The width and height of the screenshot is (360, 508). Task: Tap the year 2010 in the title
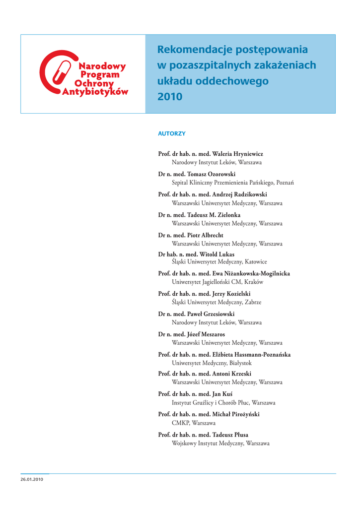(170, 97)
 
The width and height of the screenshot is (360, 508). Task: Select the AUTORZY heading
(171, 134)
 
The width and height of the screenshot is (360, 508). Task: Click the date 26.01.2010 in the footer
(32, 479)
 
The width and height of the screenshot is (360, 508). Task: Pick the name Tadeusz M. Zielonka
(214, 215)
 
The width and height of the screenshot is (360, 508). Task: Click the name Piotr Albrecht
(205, 235)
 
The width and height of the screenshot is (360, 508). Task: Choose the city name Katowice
(256, 261)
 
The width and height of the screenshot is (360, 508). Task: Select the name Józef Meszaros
(206, 334)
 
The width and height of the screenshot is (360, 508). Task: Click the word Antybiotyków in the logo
(95, 92)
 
